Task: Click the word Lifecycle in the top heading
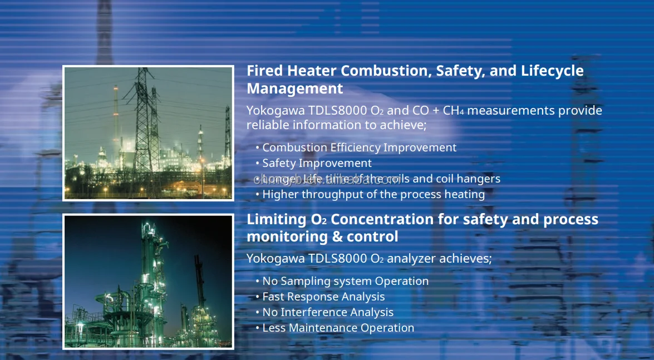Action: coord(552,71)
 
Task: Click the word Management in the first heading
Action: coord(294,89)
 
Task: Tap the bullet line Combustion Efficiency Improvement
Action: coord(359,147)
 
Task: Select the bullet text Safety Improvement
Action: coord(317,163)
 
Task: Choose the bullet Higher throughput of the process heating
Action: coord(373,194)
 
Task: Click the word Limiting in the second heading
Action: coord(276,219)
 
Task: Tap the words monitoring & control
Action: coord(322,237)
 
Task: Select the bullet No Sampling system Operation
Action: coord(345,281)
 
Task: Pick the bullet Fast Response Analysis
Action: coord(323,297)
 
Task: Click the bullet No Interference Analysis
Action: coord(328,312)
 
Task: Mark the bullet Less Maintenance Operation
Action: coord(338,328)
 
